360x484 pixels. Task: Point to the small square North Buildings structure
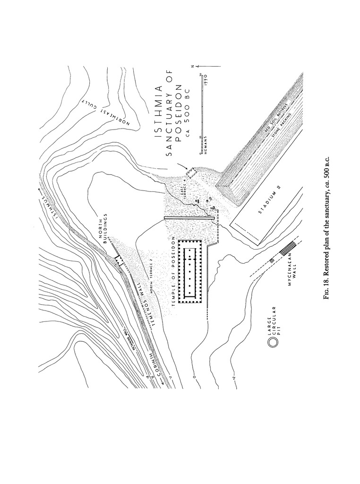pyautogui.click(x=118, y=261)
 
